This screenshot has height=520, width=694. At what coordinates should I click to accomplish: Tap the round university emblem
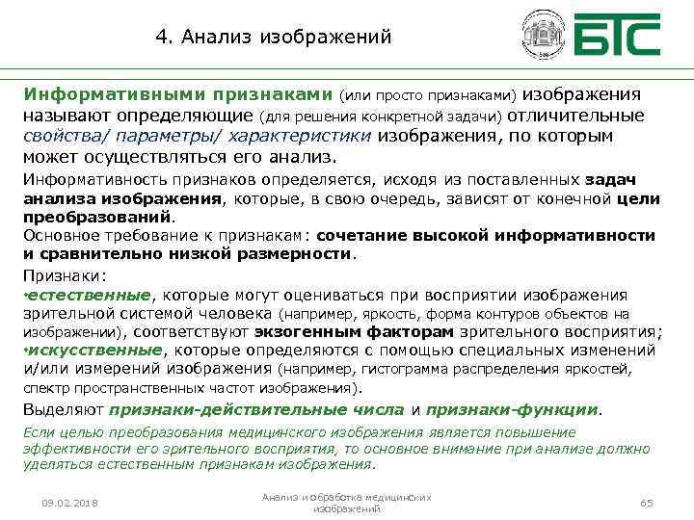[543, 36]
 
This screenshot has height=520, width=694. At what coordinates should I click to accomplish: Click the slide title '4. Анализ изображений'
[274, 38]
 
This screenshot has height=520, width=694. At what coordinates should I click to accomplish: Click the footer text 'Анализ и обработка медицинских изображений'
[347, 503]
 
